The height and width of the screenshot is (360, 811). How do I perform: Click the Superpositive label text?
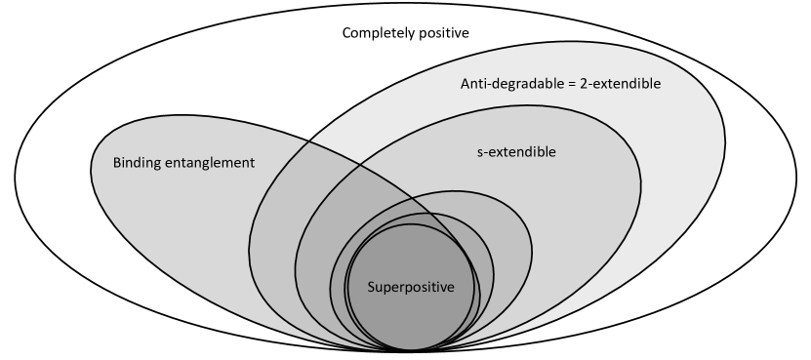411,287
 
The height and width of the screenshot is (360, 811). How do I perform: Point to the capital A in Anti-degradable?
466,84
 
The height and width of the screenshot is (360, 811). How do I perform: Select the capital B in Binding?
117,163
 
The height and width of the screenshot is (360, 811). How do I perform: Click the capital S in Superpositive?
372,287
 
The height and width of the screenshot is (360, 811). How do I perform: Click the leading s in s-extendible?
479,153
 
